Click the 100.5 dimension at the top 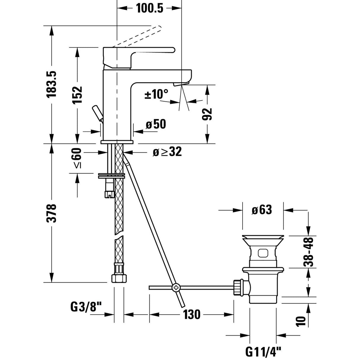pyautogui.click(x=150, y=8)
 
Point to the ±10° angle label pyautogui.click(x=156, y=95)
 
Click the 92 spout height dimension pyautogui.click(x=208, y=114)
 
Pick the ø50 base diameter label pyautogui.click(x=156, y=124)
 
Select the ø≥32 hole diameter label pyautogui.click(x=167, y=152)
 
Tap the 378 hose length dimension pyautogui.click(x=52, y=213)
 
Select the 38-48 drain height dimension pyautogui.click(x=309, y=252)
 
